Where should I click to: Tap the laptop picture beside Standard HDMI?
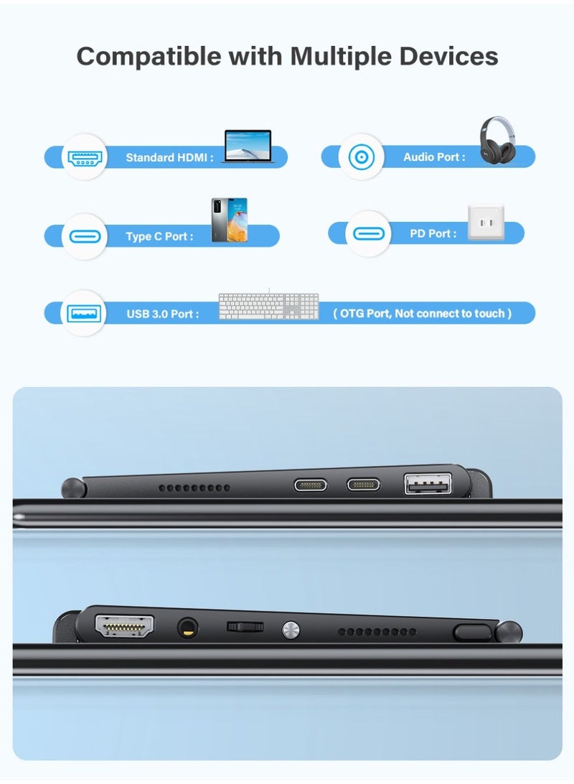click(x=248, y=146)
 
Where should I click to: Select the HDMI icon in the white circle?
click(x=85, y=157)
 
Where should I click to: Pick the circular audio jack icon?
click(x=361, y=157)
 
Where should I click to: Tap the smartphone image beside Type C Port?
click(x=229, y=220)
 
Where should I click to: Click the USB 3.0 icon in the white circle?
click(x=85, y=313)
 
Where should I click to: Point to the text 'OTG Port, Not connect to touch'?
click(x=423, y=314)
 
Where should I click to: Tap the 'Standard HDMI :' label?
click(x=169, y=157)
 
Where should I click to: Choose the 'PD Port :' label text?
click(x=433, y=233)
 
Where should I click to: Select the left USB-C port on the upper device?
click(x=310, y=484)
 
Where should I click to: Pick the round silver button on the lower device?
click(x=290, y=630)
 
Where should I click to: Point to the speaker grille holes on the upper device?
click(x=194, y=487)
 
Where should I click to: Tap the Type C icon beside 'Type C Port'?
click(x=85, y=235)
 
